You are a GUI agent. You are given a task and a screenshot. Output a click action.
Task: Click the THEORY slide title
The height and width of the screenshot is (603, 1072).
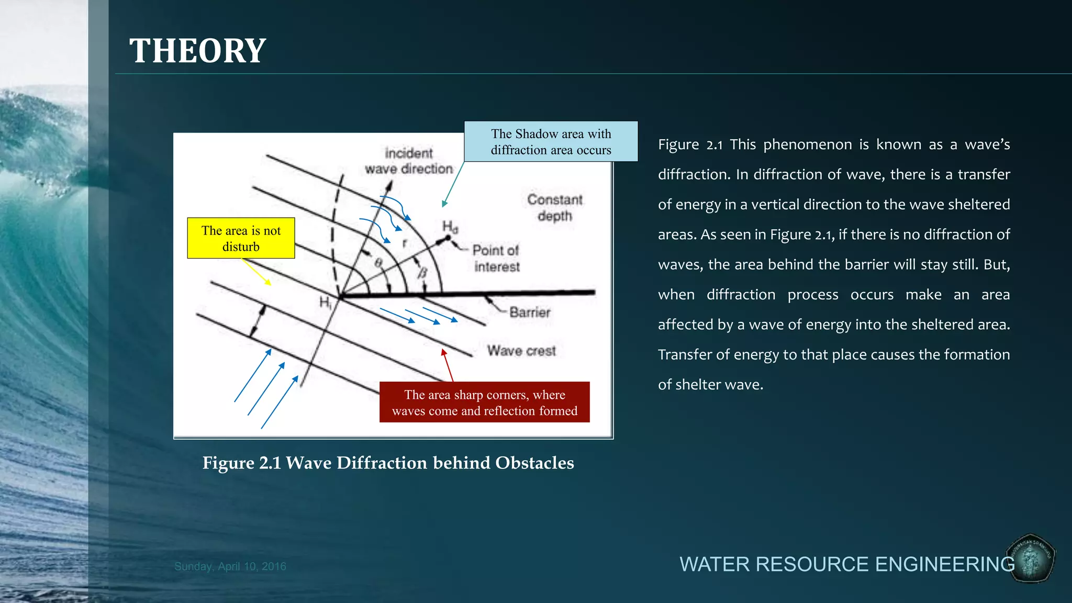[x=197, y=51]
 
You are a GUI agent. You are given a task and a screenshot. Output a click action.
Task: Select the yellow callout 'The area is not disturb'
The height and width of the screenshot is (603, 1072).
[x=241, y=238]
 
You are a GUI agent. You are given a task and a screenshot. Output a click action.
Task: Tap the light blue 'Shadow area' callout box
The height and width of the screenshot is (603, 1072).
[x=551, y=142]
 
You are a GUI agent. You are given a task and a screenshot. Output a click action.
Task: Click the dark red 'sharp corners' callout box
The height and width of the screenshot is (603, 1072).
[x=484, y=402]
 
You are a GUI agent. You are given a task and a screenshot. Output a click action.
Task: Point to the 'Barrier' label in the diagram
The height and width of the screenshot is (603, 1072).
[x=530, y=312]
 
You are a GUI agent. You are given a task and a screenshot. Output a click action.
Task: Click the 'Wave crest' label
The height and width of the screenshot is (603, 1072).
[x=521, y=351]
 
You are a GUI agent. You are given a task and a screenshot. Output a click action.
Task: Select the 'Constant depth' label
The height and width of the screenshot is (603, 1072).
[x=555, y=208]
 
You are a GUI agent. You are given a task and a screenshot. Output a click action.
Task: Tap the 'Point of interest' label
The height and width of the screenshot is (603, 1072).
[x=496, y=259]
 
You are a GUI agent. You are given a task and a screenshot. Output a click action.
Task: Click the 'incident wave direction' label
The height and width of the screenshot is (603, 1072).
[x=409, y=161]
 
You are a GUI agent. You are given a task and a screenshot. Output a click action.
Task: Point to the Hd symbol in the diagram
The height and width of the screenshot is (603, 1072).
[x=450, y=226]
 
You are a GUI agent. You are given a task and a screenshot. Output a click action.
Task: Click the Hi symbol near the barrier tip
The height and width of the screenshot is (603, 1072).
[x=325, y=303]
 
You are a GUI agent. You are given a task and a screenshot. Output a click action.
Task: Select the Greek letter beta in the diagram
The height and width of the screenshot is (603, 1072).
[x=422, y=273]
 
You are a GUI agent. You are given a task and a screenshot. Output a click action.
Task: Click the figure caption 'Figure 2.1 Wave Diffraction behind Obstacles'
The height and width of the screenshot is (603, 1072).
[x=388, y=463]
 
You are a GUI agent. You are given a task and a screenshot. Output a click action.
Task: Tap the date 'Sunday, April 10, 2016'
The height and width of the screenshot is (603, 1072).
[x=230, y=566]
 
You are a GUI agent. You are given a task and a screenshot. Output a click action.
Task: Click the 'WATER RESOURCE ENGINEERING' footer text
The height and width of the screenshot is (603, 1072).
[x=846, y=564]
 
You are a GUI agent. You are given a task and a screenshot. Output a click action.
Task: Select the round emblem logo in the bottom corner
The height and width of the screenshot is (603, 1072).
[x=1031, y=559]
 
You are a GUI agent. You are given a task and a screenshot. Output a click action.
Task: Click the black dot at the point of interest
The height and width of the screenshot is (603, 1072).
[x=448, y=238]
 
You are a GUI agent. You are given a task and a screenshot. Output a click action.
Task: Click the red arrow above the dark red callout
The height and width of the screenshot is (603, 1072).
[x=448, y=365]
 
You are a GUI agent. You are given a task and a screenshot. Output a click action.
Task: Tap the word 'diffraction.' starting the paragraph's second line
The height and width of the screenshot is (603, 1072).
[x=694, y=174]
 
